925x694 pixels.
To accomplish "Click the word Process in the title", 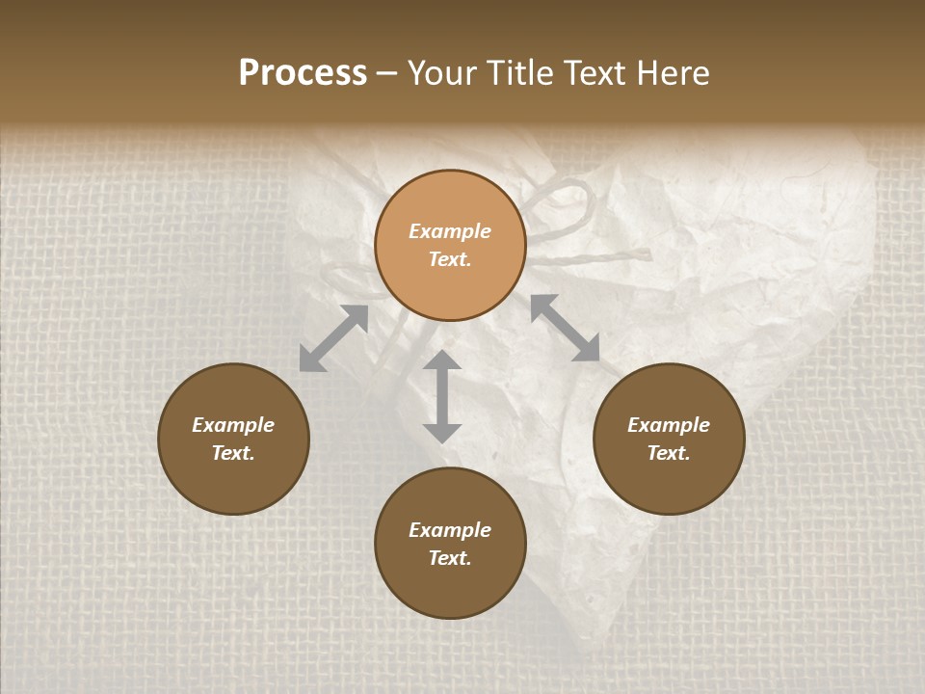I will click(x=303, y=73).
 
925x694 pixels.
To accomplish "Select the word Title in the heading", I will click(x=521, y=73).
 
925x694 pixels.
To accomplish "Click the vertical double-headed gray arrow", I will click(x=442, y=397).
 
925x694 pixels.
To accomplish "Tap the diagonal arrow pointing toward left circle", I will click(x=333, y=338).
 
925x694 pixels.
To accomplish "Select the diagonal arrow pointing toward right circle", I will click(x=565, y=329).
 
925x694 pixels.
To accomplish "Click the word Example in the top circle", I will click(x=450, y=231).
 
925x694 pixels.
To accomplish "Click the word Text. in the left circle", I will click(x=233, y=453).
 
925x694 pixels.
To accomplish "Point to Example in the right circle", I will click(x=669, y=425).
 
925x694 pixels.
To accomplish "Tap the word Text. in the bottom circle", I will click(x=450, y=558).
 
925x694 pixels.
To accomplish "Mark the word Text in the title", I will click(x=599, y=73).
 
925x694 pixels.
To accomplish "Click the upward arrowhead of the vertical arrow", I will click(x=442, y=360).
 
